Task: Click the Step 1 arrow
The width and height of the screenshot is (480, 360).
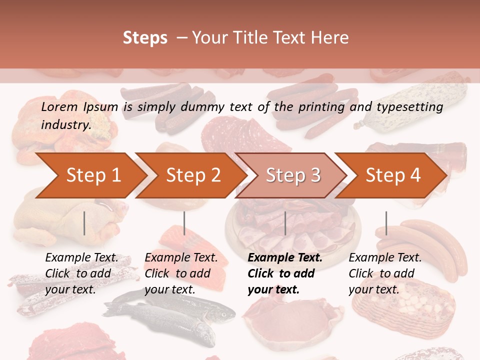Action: [x=90, y=175]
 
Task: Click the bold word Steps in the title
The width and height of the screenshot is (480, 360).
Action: [x=145, y=38]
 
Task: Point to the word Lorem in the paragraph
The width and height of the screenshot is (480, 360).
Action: [x=59, y=107]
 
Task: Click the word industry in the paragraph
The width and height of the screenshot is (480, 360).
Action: [x=65, y=125]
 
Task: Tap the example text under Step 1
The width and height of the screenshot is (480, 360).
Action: [x=81, y=273]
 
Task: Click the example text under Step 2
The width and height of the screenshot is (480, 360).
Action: [x=181, y=273]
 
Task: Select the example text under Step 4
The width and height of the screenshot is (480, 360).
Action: [x=385, y=273]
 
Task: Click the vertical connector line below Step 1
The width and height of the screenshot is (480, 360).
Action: [x=84, y=223]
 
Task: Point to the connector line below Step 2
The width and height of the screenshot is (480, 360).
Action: [x=184, y=223]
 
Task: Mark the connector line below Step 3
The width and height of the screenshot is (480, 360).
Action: [x=285, y=223]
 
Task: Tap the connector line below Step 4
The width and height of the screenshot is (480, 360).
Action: [x=386, y=223]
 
